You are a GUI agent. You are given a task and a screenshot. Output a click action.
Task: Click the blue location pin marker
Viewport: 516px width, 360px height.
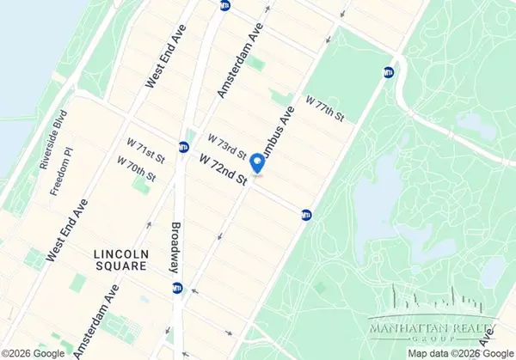pyautogui.click(x=256, y=162)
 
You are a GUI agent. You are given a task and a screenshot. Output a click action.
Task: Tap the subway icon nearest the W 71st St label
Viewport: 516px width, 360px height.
pyautogui.click(x=183, y=146)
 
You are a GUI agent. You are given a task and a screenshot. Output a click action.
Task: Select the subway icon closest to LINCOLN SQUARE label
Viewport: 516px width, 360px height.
pyautogui.click(x=176, y=288)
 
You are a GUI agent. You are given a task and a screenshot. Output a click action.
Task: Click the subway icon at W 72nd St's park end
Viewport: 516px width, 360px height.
pyautogui.click(x=306, y=214)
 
